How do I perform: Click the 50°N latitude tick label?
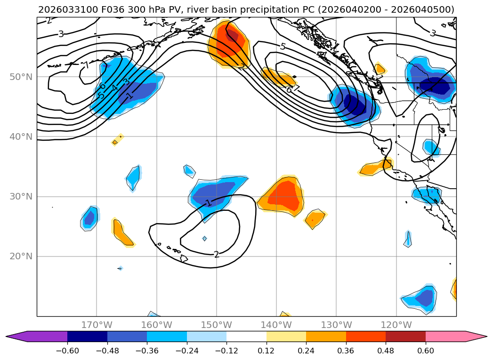[21, 77]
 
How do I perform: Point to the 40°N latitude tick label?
[21, 136]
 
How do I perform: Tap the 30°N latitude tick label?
[21, 196]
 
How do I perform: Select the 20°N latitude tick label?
[21, 256]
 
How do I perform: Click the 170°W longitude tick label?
[97, 325]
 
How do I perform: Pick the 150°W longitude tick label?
[217, 325]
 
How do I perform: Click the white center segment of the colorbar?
[246, 336]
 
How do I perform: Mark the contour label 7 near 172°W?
[87, 65]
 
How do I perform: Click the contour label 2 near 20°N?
[216, 254]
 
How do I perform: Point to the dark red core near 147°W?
[232, 35]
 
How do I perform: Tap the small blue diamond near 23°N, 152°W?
[204, 239]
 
